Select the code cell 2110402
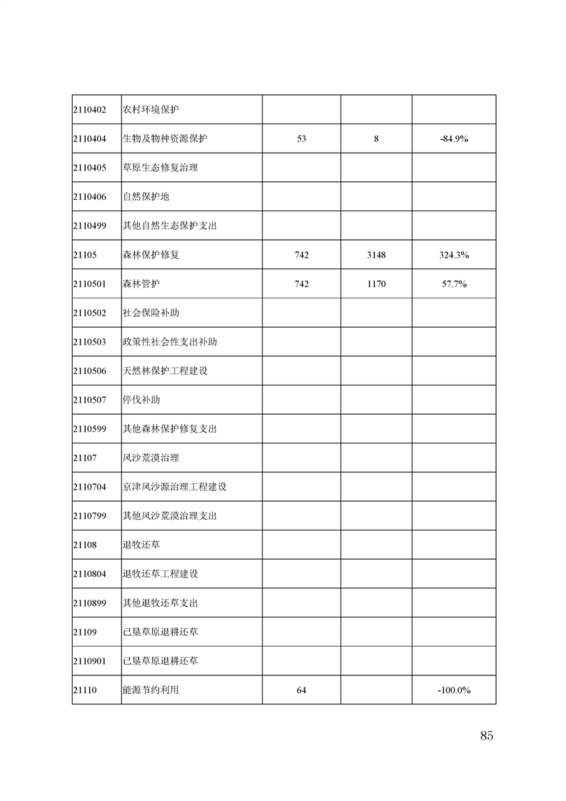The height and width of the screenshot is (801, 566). click(89, 110)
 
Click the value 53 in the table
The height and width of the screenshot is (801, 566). click(301, 138)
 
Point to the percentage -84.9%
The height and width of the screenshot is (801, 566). click(454, 138)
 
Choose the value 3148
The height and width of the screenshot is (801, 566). click(376, 255)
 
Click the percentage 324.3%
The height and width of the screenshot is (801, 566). click(454, 255)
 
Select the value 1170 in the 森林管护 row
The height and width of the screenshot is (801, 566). click(376, 284)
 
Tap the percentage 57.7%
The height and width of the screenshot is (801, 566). click(454, 284)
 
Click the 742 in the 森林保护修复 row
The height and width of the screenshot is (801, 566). click(301, 255)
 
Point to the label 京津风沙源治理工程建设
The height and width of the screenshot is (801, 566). click(175, 487)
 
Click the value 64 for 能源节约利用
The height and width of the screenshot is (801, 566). click(301, 690)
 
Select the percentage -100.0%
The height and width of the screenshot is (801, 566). click(454, 690)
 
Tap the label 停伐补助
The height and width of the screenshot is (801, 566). click(141, 400)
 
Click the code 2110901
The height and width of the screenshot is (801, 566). click(89, 661)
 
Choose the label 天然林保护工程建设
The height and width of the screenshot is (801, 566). click(165, 371)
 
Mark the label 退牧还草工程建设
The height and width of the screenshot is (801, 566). click(161, 574)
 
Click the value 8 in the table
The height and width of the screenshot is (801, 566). click(376, 138)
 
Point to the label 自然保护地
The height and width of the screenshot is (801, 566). click(146, 197)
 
